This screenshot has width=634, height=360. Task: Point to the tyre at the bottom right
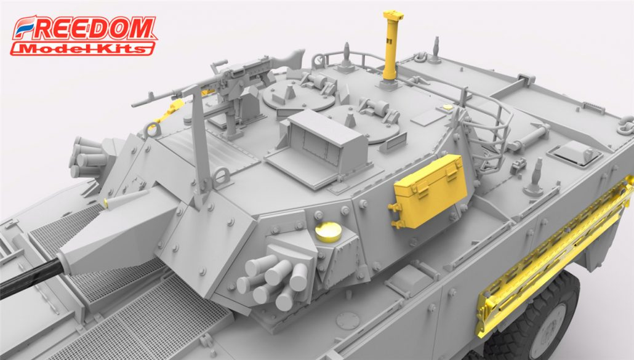pyautogui.click(x=542, y=320)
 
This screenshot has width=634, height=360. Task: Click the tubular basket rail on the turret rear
pyautogui.click(x=486, y=123)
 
